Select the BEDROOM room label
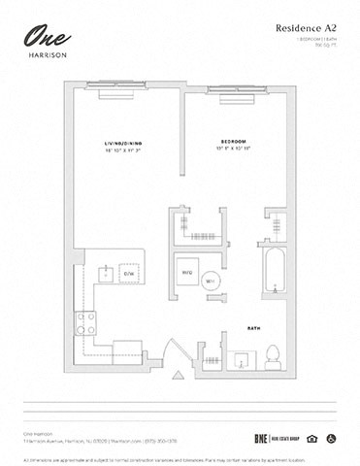pyautogui.click(x=233, y=142)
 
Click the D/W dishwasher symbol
pyautogui.click(x=126, y=275)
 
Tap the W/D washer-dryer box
pyautogui.click(x=187, y=273)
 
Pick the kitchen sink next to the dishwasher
pyautogui.click(x=105, y=272)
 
